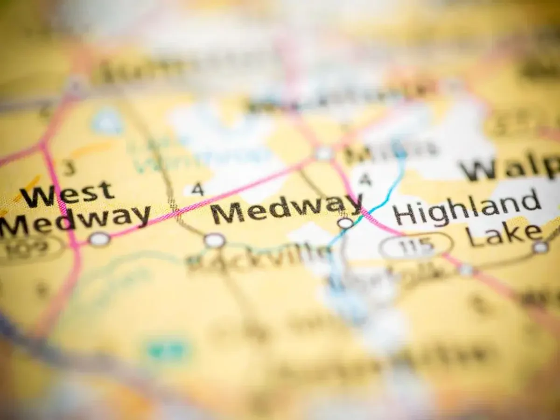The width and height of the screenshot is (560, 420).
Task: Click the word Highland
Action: pyautogui.click(x=467, y=208)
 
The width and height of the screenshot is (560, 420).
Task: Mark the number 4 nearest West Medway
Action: pyautogui.click(x=198, y=189)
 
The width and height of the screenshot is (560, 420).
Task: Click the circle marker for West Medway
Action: pyautogui.click(x=99, y=239)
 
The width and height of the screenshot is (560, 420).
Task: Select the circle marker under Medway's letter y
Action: pyautogui.click(x=345, y=223)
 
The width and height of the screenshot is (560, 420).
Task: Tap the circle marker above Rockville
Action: pyautogui.click(x=214, y=240)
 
